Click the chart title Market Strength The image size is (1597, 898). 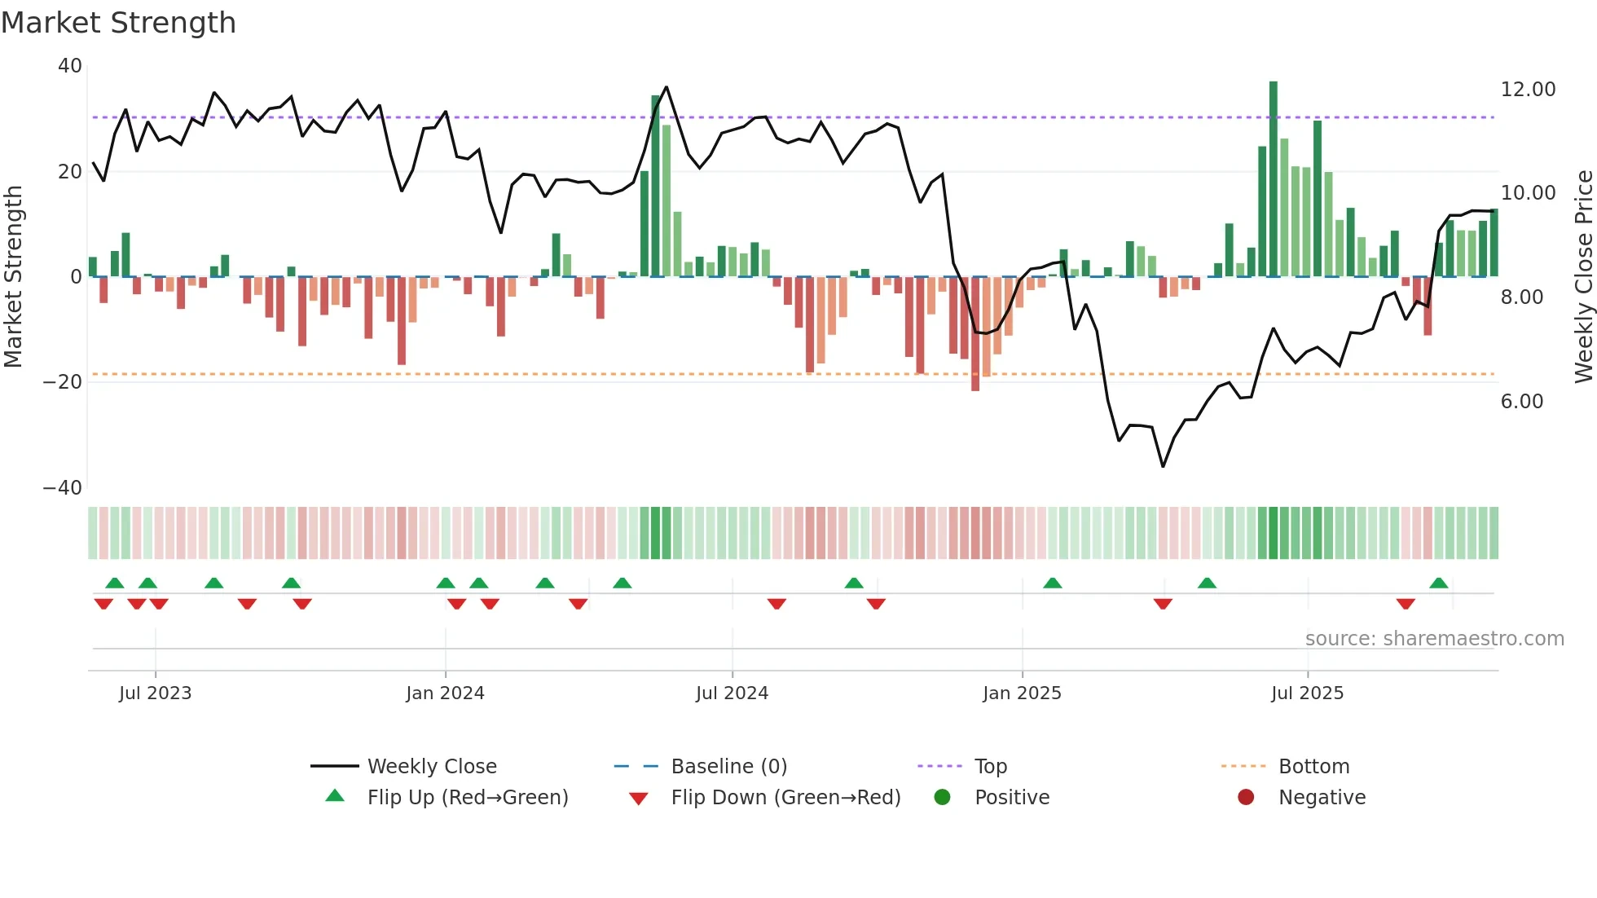pos(118,23)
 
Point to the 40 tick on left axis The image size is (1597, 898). pos(70,66)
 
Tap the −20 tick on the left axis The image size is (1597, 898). pos(63,382)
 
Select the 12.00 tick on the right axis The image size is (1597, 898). pos(1528,90)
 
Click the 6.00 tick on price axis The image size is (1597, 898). pos(1521,402)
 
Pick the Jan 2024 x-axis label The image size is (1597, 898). pos(445,693)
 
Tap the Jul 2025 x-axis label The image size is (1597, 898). pos(1307,693)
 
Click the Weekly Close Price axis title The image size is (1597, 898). pos(1583,277)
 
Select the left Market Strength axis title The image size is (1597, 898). pos(14,277)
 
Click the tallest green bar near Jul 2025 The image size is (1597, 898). pos(1273,179)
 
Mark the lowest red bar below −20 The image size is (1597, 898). pos(975,334)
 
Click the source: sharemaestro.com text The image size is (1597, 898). pos(1434,639)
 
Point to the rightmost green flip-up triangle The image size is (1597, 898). pos(1438,583)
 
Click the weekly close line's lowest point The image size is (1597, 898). pos(1163,466)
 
